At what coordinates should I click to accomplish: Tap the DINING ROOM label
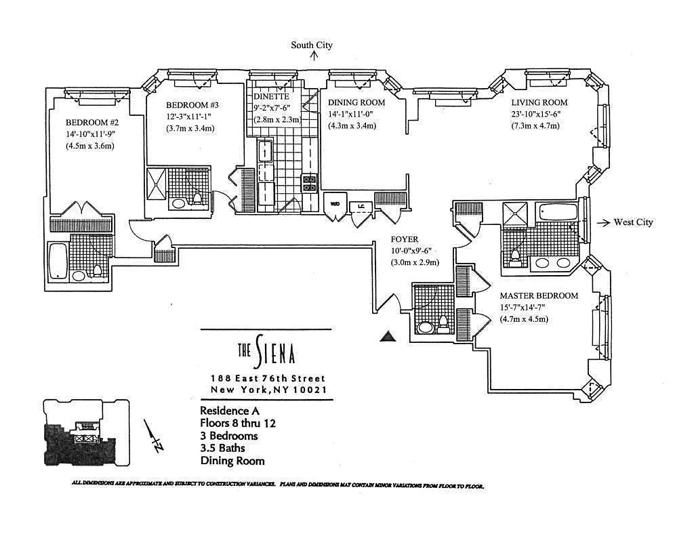tap(356, 102)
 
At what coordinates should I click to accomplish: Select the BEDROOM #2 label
tap(92, 123)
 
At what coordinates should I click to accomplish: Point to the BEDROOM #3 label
tap(192, 106)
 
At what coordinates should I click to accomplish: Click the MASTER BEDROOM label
tap(539, 296)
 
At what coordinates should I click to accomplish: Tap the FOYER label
tap(404, 239)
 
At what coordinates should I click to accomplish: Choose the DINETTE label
tap(272, 97)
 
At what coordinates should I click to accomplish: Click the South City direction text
tap(312, 45)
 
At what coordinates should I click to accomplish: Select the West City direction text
tap(633, 222)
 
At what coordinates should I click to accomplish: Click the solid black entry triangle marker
tap(387, 335)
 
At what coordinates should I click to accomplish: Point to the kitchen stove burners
tap(310, 182)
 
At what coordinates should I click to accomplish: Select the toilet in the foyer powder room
tap(443, 323)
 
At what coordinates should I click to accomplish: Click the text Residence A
tap(229, 411)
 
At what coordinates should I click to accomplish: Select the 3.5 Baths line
tap(222, 448)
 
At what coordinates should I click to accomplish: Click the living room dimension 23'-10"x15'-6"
tap(535, 114)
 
